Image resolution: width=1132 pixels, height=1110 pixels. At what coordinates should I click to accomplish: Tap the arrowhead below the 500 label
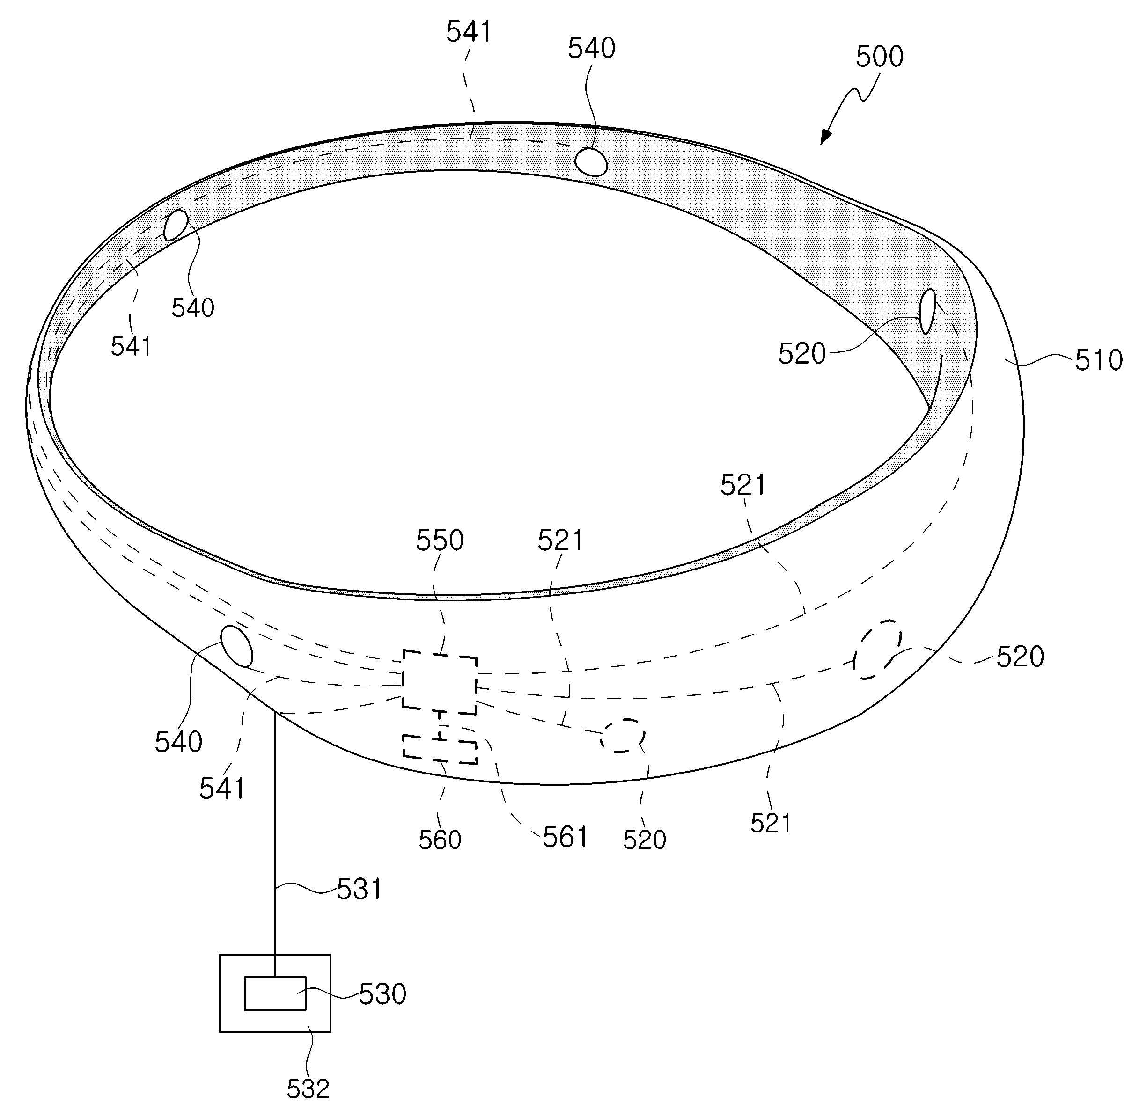825,137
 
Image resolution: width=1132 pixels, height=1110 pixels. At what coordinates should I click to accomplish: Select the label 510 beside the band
1098,360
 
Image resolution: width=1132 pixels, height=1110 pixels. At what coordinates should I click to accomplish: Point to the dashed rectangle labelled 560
440,749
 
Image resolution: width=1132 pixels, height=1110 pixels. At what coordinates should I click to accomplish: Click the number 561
565,838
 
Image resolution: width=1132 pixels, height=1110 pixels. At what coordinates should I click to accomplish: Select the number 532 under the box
308,1088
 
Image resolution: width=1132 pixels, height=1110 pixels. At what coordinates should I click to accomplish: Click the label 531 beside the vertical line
359,890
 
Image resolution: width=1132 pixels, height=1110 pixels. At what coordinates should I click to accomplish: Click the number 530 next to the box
382,994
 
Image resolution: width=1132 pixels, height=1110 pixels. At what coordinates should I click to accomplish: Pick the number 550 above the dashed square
440,540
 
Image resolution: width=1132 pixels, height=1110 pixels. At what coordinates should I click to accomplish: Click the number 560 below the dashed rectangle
440,840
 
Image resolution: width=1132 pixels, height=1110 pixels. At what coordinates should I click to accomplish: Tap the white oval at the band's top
591,161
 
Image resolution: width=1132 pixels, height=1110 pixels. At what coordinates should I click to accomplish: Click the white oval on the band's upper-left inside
176,225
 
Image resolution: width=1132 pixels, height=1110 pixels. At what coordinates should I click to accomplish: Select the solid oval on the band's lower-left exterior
236,646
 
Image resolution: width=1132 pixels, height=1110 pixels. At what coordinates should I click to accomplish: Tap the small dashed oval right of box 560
622,736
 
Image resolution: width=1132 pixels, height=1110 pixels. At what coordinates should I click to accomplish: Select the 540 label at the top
591,48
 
